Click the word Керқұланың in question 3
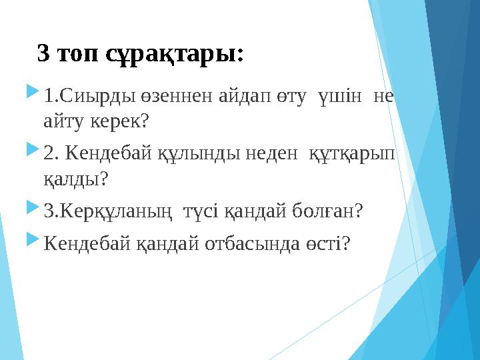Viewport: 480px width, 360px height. click(x=119, y=211)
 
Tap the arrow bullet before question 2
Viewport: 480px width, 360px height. click(x=31, y=153)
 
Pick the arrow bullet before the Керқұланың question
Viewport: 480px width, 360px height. click(x=31, y=210)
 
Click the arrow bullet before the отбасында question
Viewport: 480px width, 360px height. click(x=31, y=243)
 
